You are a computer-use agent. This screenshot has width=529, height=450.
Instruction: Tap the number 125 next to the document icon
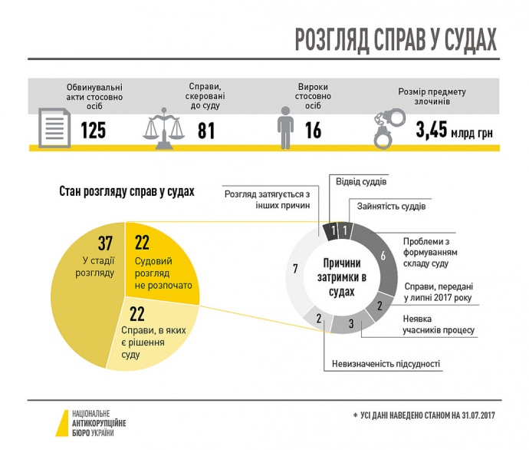tap(94, 131)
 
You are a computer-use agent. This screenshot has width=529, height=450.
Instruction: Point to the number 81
tap(205, 131)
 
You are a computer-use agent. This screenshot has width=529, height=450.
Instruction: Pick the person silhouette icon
tap(285, 127)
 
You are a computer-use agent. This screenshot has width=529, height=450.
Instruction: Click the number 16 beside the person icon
tap(313, 131)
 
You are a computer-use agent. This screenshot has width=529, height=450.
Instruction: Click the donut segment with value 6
tap(383, 254)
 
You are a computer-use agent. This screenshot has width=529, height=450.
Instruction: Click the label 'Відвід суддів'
tap(361, 183)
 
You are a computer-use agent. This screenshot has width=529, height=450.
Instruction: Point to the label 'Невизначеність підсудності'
tap(386, 364)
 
